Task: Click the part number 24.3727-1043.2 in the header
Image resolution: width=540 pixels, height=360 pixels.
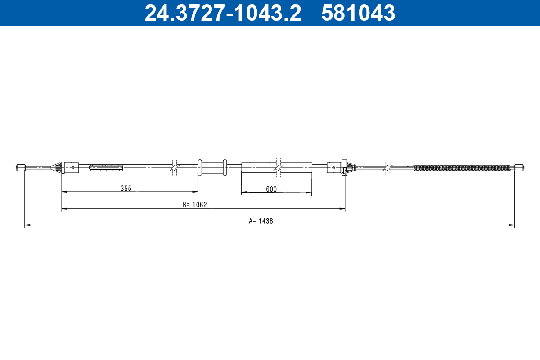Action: (x=222, y=13)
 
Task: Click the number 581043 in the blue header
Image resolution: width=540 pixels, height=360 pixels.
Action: (x=358, y=13)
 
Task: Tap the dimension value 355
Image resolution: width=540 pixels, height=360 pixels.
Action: (x=126, y=189)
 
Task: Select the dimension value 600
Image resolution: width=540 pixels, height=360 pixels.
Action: (x=271, y=189)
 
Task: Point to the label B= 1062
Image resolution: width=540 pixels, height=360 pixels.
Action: (x=195, y=205)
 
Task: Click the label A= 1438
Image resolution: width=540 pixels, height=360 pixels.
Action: (x=261, y=221)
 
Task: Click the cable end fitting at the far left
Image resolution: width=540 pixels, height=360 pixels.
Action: (x=21, y=168)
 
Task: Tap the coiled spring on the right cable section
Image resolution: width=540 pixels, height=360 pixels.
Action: (x=462, y=168)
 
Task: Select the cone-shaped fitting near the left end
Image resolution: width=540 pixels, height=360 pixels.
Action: (x=57, y=168)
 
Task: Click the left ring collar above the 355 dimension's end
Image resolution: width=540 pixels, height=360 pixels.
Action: (x=200, y=167)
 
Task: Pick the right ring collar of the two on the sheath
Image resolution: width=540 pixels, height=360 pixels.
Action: (x=225, y=167)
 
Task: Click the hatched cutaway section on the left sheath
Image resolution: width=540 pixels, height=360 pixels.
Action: (x=106, y=168)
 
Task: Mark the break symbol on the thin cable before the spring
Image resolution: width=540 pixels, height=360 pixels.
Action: (x=387, y=167)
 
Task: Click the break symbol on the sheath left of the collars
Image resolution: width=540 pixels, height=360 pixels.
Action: (x=175, y=167)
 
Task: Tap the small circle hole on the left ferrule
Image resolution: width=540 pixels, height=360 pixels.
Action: (x=72, y=168)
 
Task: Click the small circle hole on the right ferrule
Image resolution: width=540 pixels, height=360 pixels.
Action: (x=333, y=168)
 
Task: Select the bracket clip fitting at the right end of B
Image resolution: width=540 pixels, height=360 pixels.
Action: (x=346, y=168)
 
